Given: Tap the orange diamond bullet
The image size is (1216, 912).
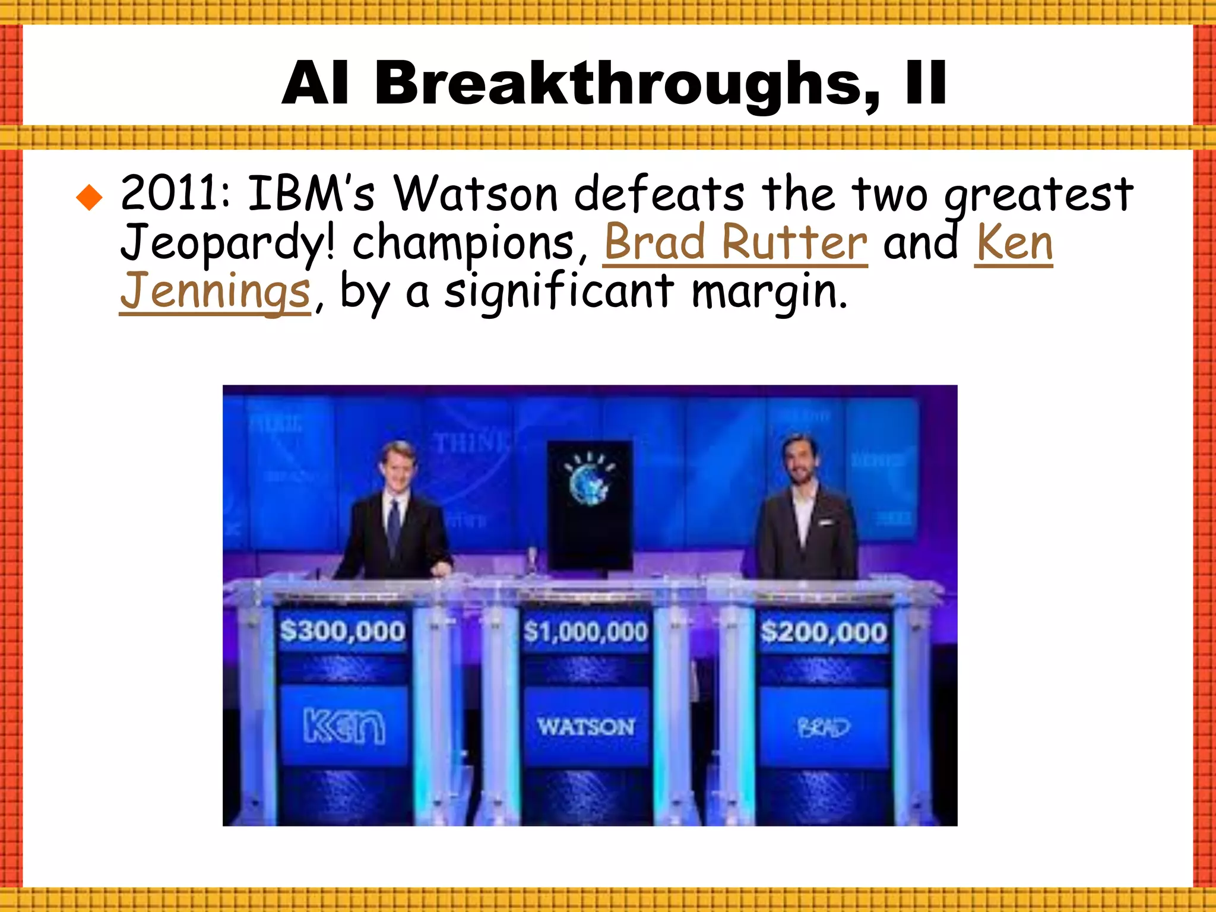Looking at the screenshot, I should click(90, 198).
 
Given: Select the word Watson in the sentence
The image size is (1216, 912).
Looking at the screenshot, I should click(476, 194).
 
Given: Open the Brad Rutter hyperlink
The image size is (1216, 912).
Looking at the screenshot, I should click(735, 243).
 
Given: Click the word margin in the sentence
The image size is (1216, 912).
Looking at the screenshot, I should click(769, 292).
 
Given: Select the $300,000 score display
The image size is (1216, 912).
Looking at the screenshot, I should click(343, 631).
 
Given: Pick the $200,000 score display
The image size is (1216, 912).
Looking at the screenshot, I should click(824, 632).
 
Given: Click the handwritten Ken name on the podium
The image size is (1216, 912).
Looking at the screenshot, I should click(344, 725).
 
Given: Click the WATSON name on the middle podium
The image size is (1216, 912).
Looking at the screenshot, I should click(586, 727).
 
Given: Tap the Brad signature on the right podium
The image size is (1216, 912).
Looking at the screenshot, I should click(824, 727).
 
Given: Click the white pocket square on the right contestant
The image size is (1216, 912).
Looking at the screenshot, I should click(824, 522).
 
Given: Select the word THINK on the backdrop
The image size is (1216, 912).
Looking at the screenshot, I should click(470, 443).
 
